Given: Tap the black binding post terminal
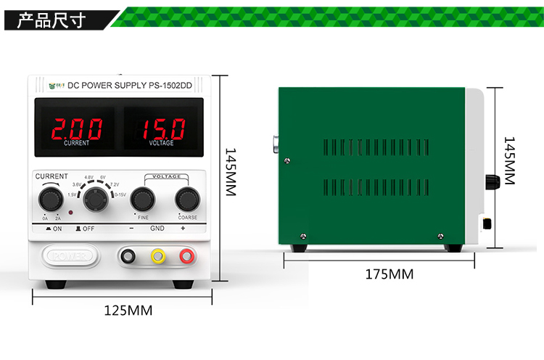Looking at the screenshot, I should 128,255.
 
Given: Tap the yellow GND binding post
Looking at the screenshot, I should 157,255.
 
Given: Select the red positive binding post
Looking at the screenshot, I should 187,255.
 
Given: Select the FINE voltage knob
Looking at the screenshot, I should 143,198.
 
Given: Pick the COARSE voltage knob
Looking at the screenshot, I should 187,198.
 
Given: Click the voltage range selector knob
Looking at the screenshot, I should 94,198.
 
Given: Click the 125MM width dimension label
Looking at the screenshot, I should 128,311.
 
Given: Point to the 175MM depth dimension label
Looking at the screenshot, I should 389,274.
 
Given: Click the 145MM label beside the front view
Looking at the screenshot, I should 231,172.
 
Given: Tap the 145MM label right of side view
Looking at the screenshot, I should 509,160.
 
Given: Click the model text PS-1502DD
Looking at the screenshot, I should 171,86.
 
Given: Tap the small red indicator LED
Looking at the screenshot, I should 70,213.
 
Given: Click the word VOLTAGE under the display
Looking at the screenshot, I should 161,144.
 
